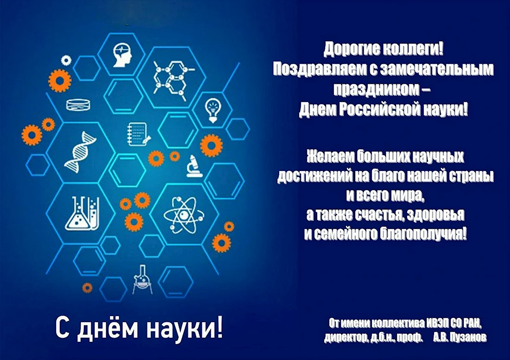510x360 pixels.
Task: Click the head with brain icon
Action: click(122, 56)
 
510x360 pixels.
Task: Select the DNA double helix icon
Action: click(80, 152)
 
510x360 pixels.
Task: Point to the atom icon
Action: click(184, 215)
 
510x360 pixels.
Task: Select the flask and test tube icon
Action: click(82, 213)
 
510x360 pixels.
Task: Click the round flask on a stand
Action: click(142, 279)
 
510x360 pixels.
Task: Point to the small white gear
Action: click(66, 60)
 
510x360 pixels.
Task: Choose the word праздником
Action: click(376, 89)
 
